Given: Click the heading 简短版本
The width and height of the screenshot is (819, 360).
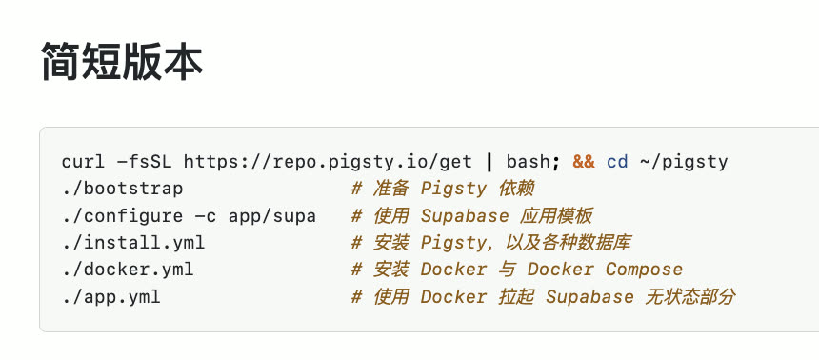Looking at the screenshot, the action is tap(122, 61).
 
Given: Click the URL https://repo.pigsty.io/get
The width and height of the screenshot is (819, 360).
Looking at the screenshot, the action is tap(328, 163).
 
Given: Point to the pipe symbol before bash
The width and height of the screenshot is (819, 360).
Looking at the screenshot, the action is tap(489, 163).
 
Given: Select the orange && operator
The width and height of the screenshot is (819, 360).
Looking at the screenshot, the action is tap(584, 163).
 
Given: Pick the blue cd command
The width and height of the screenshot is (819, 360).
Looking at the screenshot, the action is tap(617, 163).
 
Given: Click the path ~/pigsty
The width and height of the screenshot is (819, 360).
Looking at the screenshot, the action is tap(683, 163).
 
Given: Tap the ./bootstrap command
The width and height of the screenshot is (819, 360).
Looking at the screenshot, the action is tap(122, 190).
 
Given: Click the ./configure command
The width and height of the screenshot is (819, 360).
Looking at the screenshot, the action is tap(122, 216).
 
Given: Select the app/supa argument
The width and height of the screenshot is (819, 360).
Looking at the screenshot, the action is tap(272, 216).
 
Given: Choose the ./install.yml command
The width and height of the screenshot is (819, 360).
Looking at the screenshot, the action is tap(133, 243).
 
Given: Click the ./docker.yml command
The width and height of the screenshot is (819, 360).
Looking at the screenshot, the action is tap(128, 270).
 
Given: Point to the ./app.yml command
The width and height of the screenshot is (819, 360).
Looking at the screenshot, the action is tap(111, 297).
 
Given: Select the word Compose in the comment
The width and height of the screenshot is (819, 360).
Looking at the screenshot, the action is tap(644, 270).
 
